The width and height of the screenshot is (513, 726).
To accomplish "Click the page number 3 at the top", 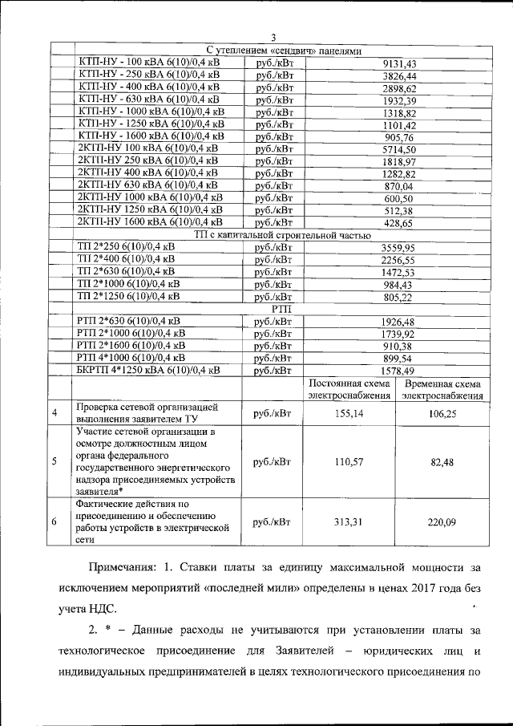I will [273, 38].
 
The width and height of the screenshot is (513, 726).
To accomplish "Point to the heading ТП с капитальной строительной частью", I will [282, 235].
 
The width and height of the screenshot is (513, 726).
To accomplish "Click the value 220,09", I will [442, 522].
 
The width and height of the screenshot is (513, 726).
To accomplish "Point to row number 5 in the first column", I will [54, 461].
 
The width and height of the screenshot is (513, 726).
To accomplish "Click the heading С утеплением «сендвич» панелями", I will [282, 50].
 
